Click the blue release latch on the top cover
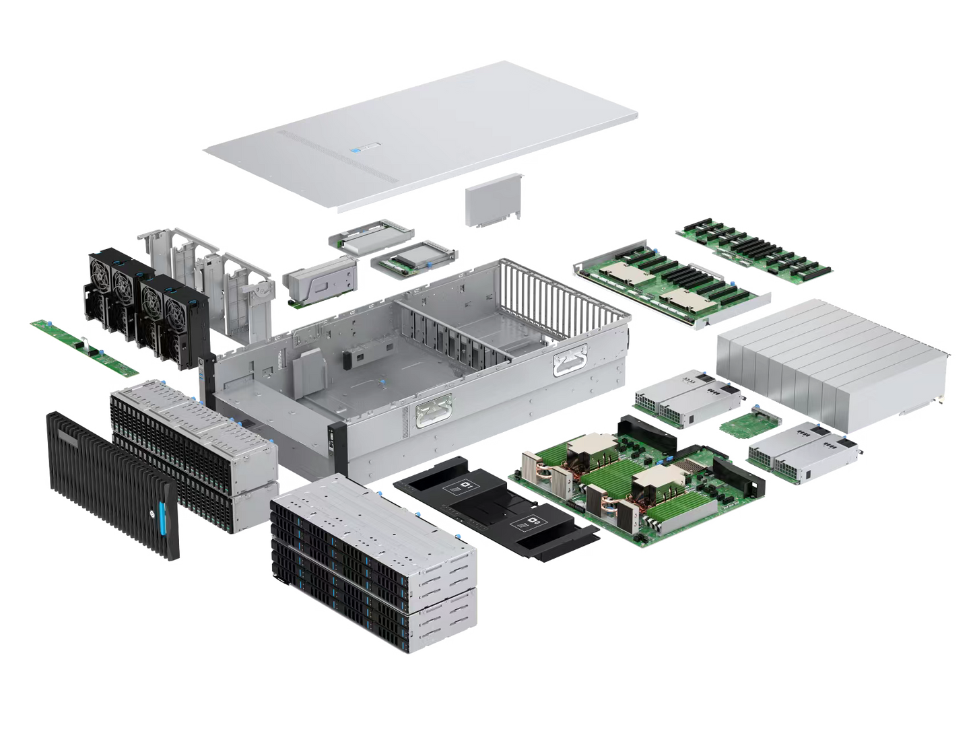click(351, 151)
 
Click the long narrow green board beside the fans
click(84, 345)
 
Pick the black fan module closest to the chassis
click(174, 316)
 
